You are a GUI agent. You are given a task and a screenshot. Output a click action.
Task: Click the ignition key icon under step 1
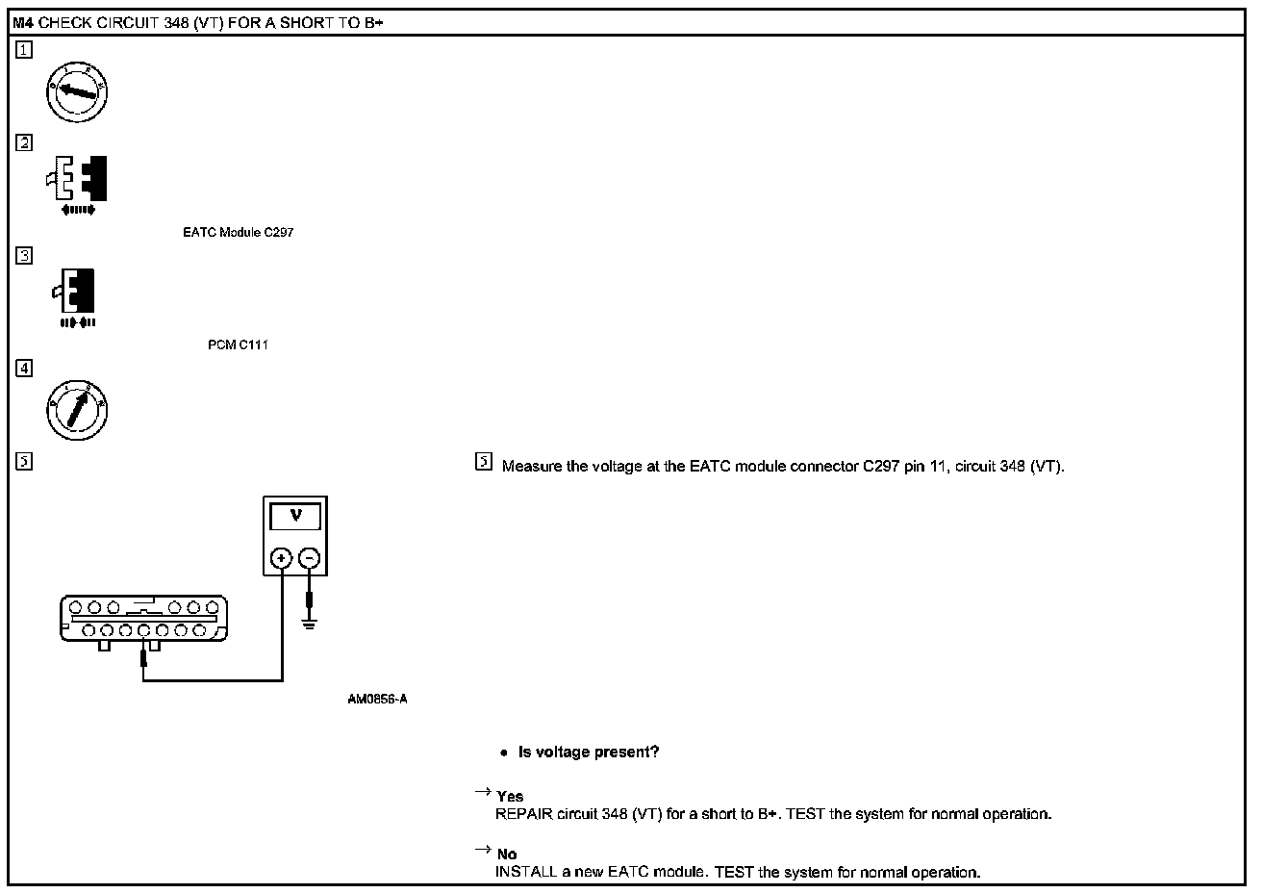pos(77,92)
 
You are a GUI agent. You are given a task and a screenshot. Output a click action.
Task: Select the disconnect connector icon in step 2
pos(77,183)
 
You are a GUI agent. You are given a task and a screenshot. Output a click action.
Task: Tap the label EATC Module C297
pos(238,233)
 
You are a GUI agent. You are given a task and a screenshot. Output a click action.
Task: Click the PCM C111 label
pos(238,345)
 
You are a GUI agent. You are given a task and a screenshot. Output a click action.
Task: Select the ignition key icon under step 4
pos(77,411)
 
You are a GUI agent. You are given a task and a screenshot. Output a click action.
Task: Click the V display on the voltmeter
pos(295,517)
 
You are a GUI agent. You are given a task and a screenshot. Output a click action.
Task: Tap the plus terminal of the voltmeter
pos(281,558)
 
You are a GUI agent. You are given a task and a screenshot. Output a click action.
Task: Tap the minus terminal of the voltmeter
pos(309,558)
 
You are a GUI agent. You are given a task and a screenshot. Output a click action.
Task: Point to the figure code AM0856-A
pos(377,700)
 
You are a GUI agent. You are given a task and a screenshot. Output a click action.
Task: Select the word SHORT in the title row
pos(304,23)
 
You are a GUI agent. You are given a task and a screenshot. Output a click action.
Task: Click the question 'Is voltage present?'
pos(589,753)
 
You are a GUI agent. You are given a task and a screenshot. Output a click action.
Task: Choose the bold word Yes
pos(510,797)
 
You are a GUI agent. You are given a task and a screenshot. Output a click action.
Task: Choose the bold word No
pos(507,855)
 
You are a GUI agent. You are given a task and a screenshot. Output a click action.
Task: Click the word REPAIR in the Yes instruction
pos(525,814)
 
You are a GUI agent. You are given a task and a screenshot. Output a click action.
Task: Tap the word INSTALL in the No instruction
pos(524,873)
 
